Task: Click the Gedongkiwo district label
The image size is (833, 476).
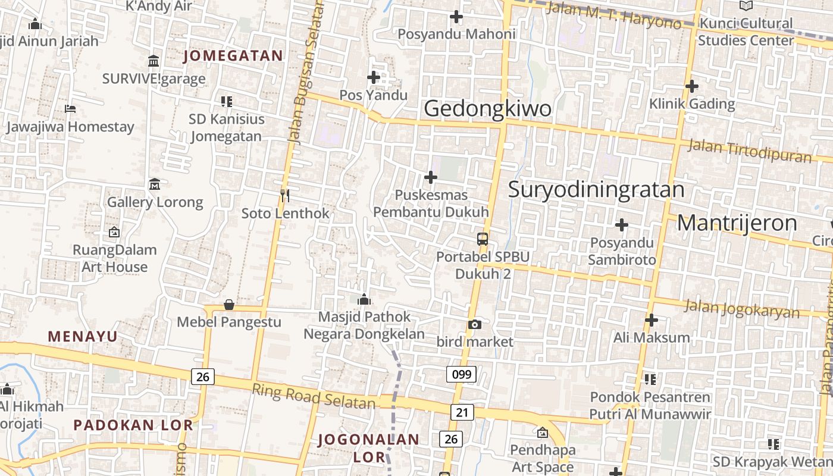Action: (487, 109)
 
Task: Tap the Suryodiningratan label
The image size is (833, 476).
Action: (596, 189)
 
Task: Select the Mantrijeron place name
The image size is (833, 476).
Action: (737, 223)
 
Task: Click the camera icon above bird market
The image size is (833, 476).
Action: (474, 324)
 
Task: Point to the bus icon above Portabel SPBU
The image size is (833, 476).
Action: (483, 239)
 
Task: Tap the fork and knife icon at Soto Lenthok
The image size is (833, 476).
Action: (285, 195)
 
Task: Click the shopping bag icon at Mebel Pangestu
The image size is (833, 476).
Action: (229, 305)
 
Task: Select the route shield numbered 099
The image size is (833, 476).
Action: (461, 374)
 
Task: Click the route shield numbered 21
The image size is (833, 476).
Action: (462, 412)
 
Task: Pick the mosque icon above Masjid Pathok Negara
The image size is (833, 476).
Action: (364, 299)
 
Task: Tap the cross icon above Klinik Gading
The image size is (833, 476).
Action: (691, 86)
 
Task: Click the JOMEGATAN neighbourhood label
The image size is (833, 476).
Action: (233, 56)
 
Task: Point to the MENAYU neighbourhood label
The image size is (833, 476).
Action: (83, 337)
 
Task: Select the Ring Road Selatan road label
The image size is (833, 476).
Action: (314, 397)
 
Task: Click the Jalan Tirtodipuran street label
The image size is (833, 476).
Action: (750, 151)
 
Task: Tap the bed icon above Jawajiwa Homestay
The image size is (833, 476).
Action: (70, 109)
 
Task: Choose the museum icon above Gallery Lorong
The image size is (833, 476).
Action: (155, 184)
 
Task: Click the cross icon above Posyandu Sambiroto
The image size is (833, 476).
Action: (622, 225)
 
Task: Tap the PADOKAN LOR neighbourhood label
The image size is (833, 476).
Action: (133, 425)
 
